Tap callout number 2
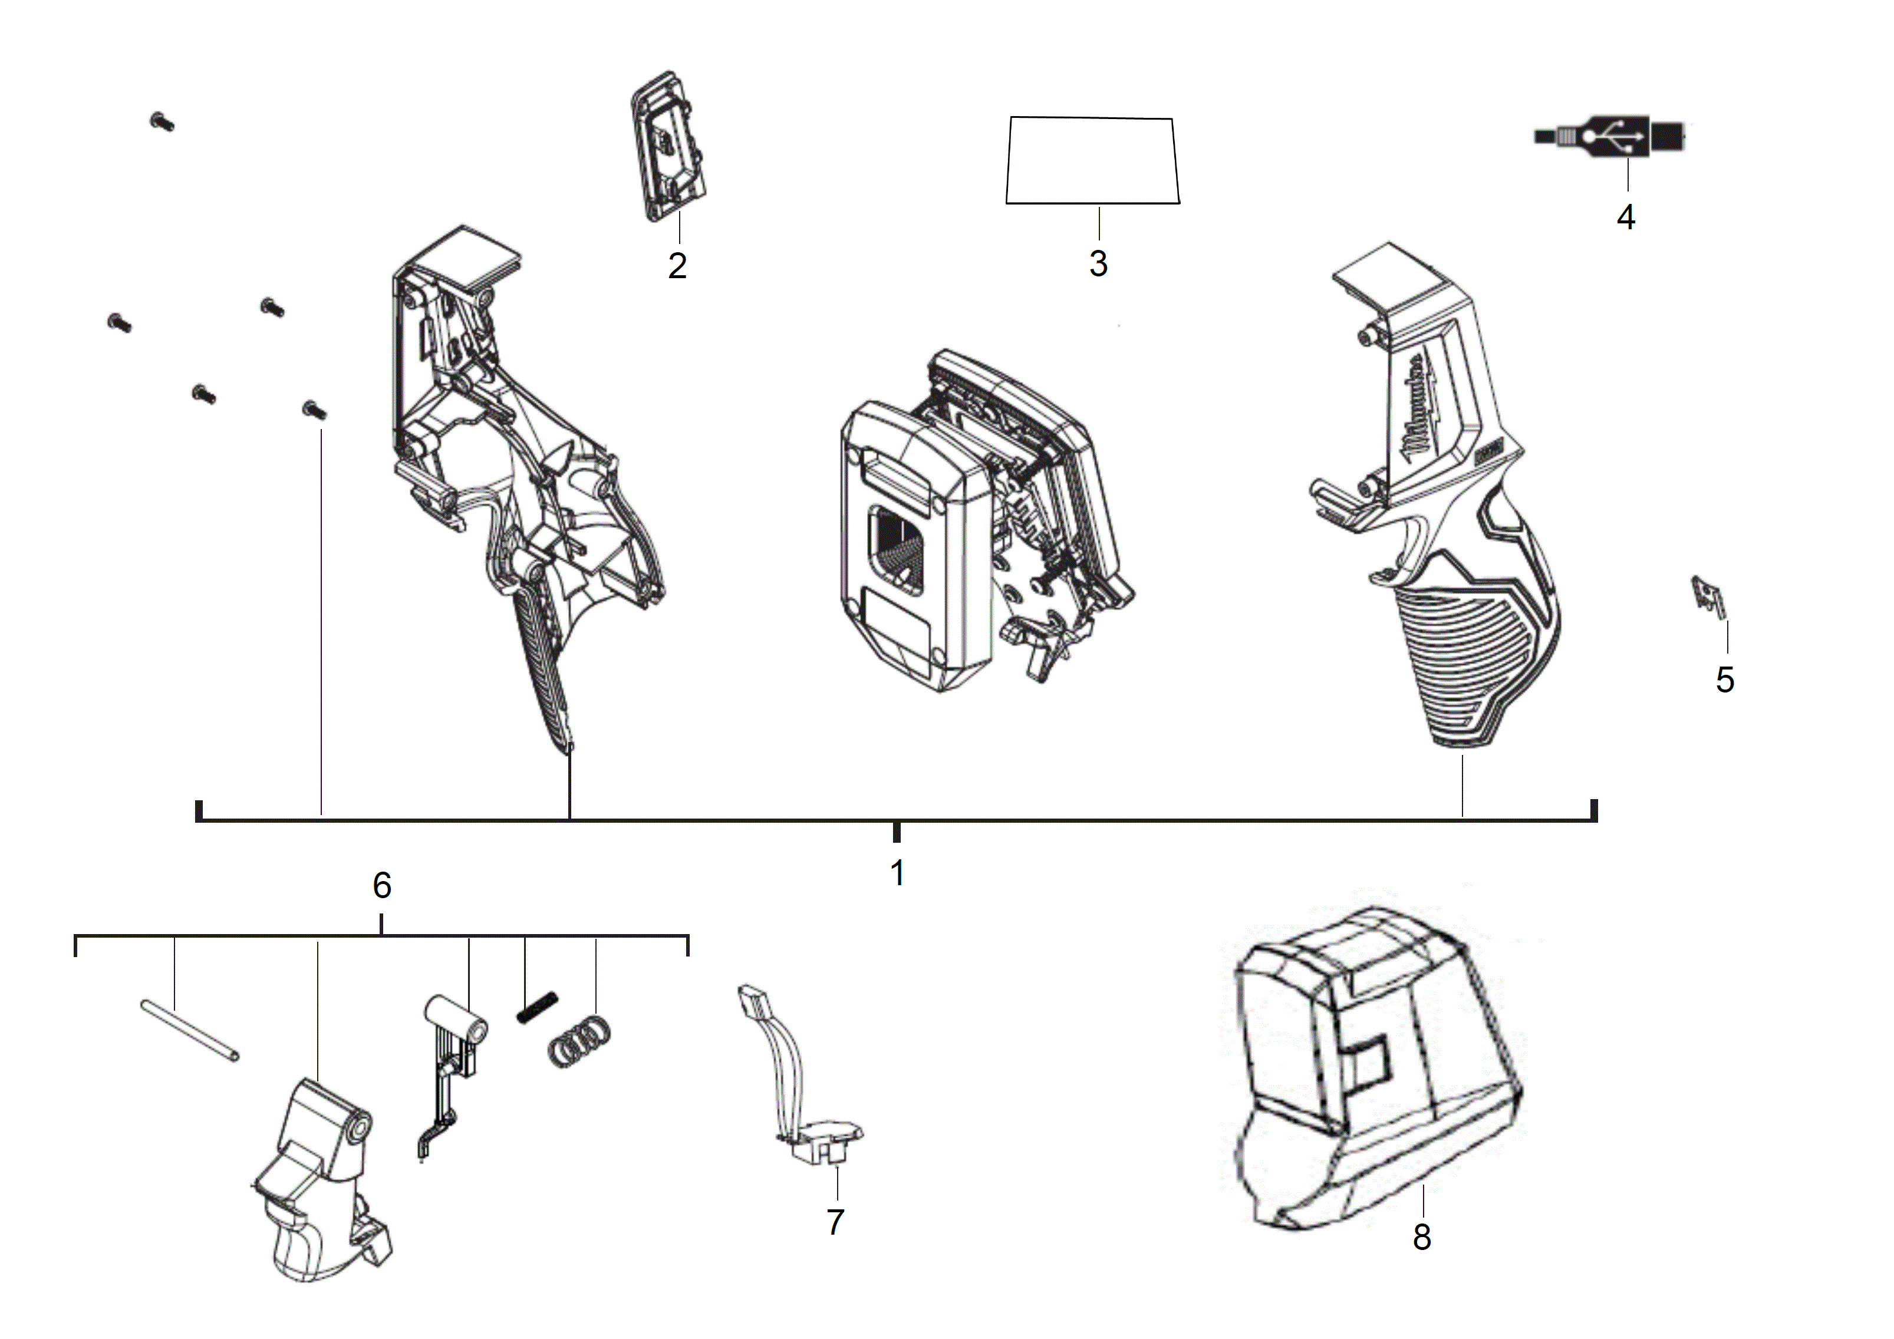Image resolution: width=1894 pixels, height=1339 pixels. [677, 265]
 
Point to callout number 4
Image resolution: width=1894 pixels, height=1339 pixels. [1626, 217]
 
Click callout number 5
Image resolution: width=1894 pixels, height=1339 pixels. [1725, 680]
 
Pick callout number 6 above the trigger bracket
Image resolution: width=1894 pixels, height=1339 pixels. [382, 886]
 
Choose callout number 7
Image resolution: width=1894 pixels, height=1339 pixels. [836, 1222]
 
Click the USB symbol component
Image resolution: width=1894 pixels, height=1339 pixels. [1609, 137]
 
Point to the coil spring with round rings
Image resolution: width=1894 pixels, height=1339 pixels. [580, 1041]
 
